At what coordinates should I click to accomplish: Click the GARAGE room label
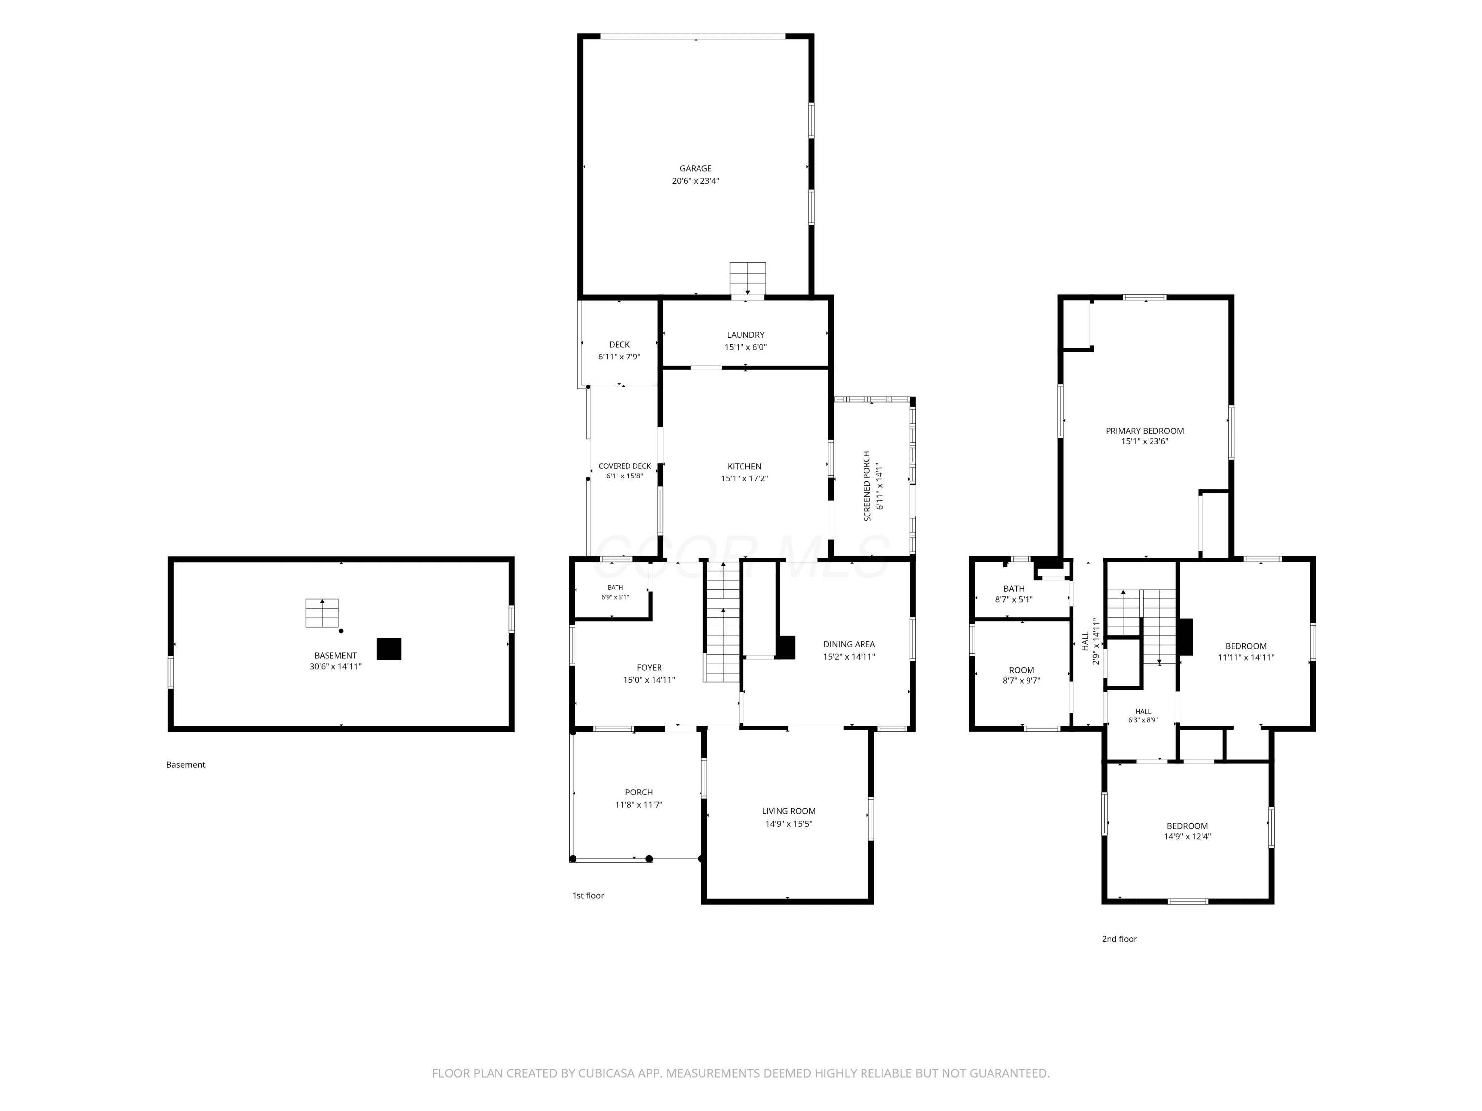tap(696, 169)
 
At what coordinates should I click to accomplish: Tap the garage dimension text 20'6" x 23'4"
tap(696, 181)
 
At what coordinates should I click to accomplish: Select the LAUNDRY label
tap(745, 335)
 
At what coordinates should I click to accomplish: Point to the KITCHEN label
tap(744, 466)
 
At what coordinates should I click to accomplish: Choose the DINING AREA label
tap(849, 644)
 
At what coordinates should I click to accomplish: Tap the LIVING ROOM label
tap(788, 811)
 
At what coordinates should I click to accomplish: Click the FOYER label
tap(649, 667)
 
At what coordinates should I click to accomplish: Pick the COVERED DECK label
tap(624, 466)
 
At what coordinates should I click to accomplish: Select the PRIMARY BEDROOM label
tap(1144, 431)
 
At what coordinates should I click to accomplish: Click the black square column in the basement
tap(389, 649)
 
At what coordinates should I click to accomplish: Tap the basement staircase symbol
tap(322, 613)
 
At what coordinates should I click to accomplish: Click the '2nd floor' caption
tap(1119, 939)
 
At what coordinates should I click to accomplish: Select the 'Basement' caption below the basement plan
tap(186, 765)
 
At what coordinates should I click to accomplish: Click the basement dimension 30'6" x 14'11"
tap(335, 666)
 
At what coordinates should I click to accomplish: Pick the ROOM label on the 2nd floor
tap(1021, 670)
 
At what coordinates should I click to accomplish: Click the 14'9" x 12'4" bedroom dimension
tap(1187, 836)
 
